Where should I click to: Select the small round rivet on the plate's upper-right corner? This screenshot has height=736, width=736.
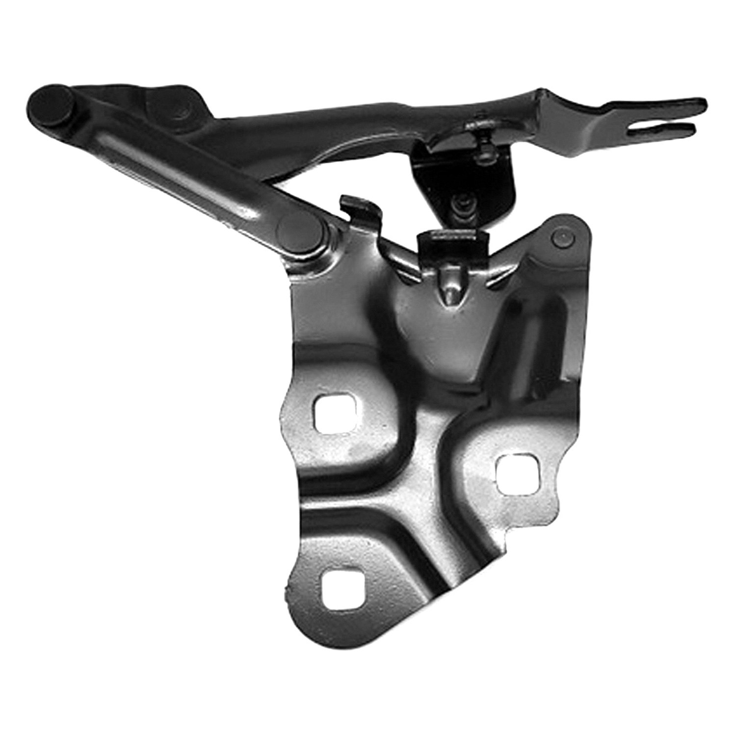(x=562, y=239)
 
